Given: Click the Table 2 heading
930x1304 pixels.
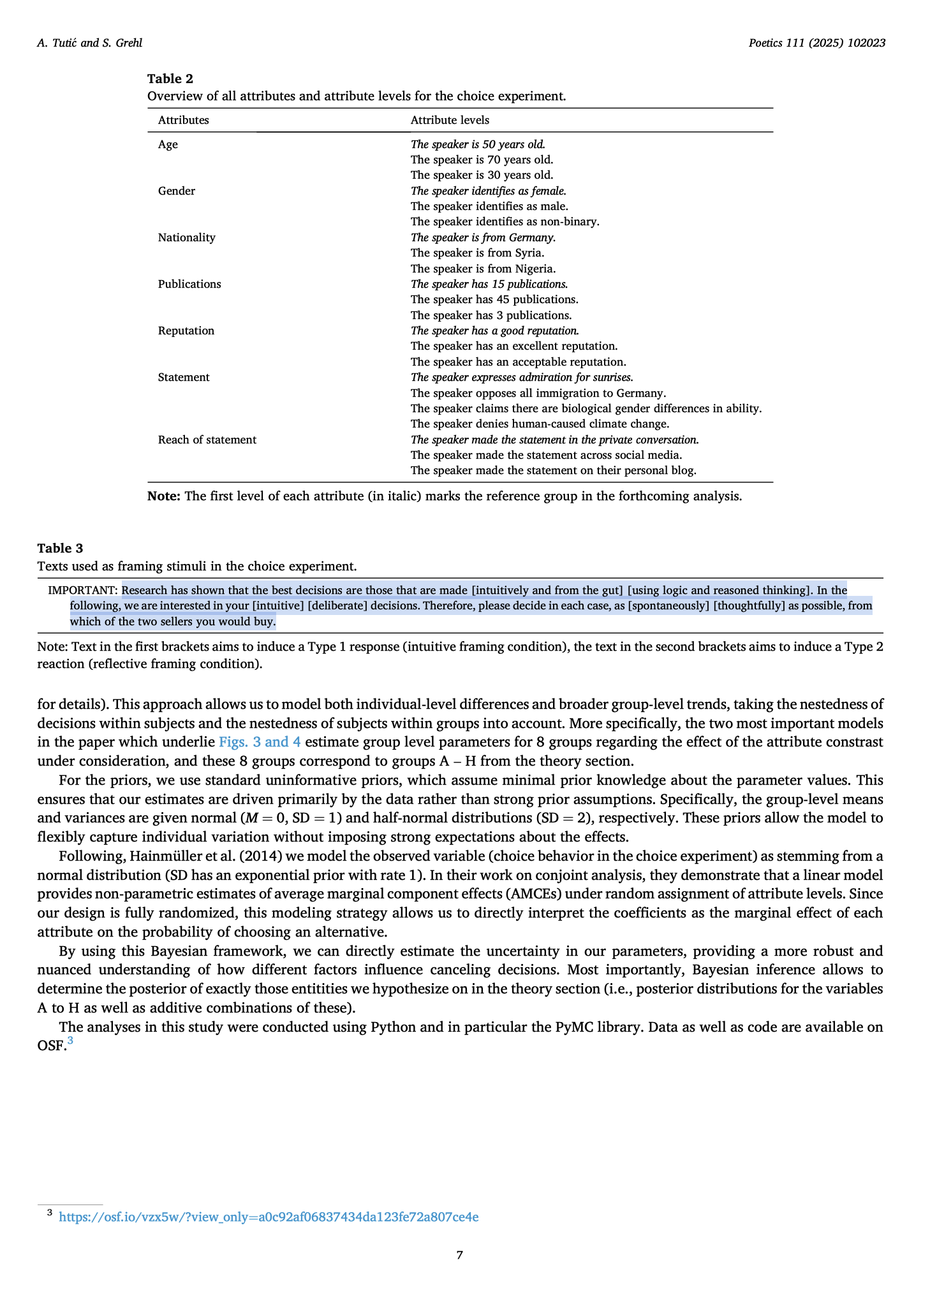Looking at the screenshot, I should coord(170,78).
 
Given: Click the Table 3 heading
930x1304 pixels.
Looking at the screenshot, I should coord(60,548).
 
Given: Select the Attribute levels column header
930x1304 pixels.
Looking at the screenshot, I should coord(450,120).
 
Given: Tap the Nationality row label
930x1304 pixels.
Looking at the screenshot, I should coord(187,237).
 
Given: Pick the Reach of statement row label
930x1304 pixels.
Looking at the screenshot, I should coord(207,440).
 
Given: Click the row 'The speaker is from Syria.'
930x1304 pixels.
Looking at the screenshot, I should coord(477,253).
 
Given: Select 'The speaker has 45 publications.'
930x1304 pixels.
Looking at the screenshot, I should coord(494,299).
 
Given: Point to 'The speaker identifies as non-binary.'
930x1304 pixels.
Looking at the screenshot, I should coord(505,221).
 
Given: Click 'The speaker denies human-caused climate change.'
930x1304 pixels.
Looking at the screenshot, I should coord(540,424).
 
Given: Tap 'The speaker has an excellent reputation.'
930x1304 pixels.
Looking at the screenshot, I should coord(514,346).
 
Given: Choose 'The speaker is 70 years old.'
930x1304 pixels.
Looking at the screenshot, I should coord(482,159).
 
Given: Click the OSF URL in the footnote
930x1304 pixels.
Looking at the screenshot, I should coord(269,1217).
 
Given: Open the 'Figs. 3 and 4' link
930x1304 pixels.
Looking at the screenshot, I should coord(260,742).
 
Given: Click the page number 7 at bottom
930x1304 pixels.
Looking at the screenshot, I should coord(460,1255).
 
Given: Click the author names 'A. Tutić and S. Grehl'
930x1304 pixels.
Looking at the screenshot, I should coord(90,43).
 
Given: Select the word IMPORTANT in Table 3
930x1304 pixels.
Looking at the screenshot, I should coord(83,590).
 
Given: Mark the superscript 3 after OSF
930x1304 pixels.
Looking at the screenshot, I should coord(70,1041).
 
